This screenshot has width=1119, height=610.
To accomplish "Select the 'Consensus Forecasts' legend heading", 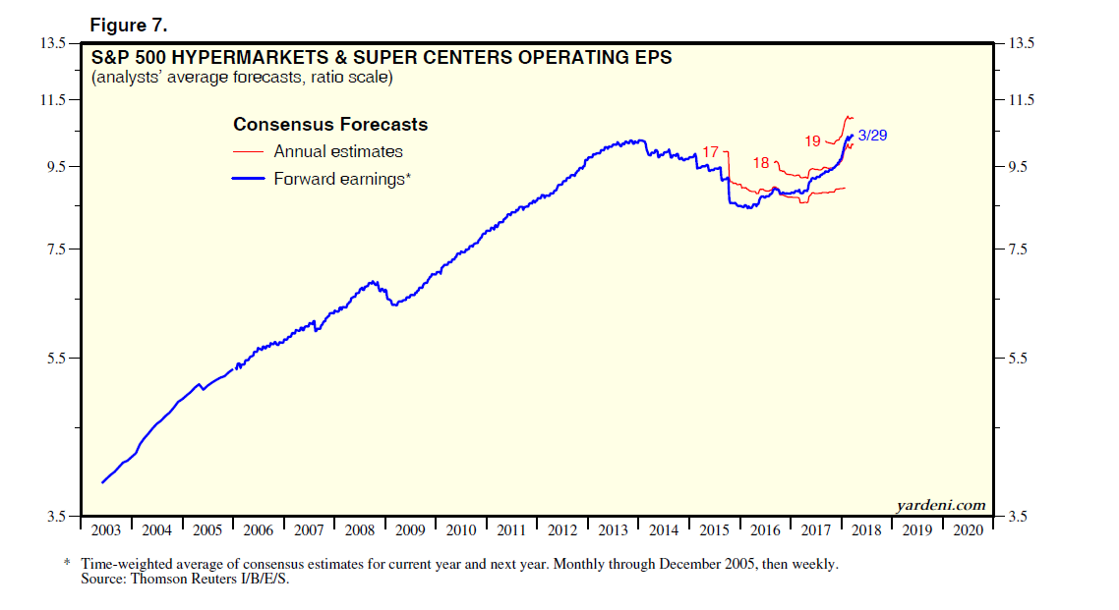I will click(x=330, y=125).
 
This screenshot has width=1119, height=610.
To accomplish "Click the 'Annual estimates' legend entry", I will click(x=338, y=151).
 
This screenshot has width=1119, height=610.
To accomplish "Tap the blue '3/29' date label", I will click(x=872, y=136).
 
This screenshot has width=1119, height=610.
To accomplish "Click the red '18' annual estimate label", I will click(x=761, y=163).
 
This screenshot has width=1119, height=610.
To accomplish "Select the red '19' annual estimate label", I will click(x=812, y=141).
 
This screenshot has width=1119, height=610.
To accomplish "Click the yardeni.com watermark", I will click(x=940, y=505).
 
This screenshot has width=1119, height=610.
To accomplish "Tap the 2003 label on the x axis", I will click(x=105, y=530).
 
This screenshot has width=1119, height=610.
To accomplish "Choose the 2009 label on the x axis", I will click(x=410, y=530).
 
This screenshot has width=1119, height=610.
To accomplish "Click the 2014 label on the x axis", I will click(x=664, y=530).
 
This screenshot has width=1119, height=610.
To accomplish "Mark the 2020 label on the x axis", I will click(x=968, y=530).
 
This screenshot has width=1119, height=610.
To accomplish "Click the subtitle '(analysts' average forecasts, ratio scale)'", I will click(x=242, y=77).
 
